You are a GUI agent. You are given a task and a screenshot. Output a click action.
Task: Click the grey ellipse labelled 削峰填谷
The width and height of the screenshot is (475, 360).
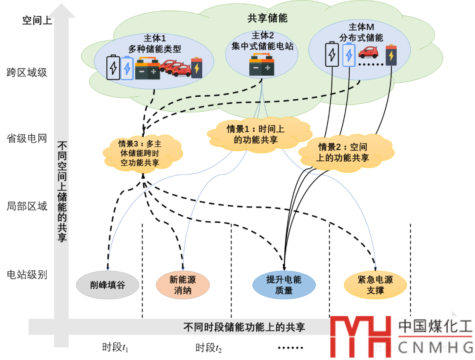click(108, 285)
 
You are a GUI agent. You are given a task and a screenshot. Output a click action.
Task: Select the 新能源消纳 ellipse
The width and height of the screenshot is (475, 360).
click(182, 285)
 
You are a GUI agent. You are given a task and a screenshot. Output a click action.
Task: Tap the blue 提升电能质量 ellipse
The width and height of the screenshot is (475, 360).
click(284, 285)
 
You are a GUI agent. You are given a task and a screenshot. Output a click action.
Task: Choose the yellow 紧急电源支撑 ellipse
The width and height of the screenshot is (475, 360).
click(375, 285)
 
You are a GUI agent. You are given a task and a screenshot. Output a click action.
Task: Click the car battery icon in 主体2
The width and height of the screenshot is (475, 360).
click(262, 65)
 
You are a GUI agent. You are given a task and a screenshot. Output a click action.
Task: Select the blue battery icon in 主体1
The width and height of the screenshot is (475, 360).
click(127, 68)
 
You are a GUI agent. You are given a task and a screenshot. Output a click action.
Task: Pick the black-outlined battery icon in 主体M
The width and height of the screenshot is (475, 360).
click(332, 54)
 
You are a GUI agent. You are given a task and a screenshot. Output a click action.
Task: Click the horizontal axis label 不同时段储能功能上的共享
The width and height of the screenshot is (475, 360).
click(244, 327)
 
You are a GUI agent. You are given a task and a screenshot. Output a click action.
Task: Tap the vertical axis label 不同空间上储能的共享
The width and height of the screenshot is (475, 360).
click(62, 191)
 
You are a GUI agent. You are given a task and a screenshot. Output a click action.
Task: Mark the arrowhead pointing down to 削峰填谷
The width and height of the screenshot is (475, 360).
click(107, 266)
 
